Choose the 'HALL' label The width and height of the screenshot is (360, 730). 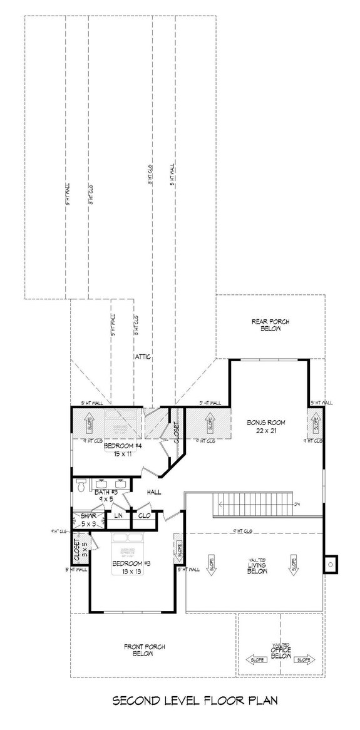(154, 493)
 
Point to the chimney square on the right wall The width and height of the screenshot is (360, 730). (329, 563)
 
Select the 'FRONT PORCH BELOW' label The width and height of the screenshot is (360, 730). (148, 649)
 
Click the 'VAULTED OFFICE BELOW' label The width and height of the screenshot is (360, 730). (280, 651)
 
